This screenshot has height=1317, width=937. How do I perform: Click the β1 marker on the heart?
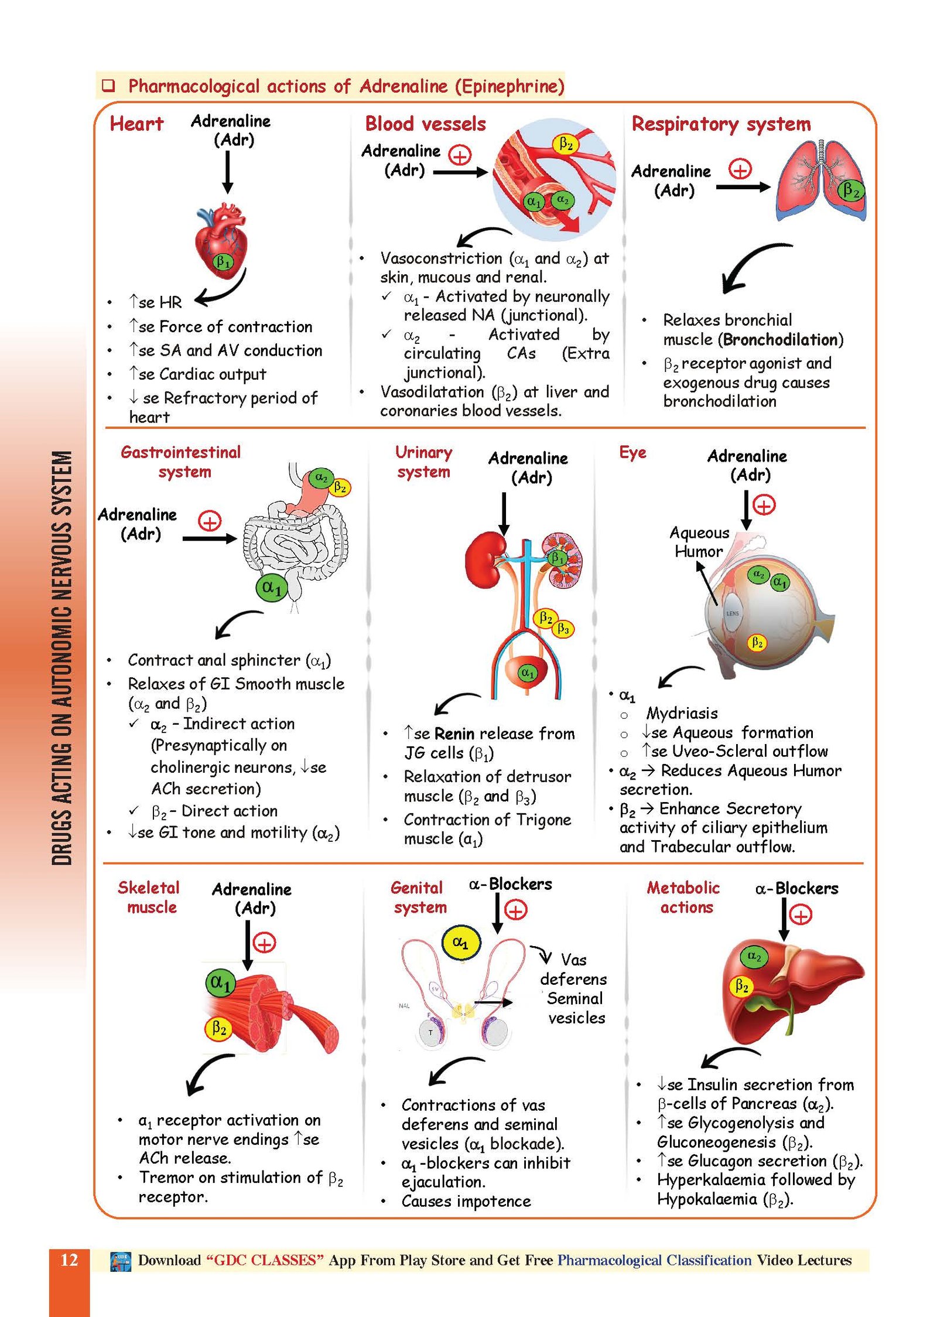click(223, 261)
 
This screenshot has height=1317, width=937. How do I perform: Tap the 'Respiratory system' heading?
click(720, 124)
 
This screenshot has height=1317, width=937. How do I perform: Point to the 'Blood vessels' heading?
click(425, 124)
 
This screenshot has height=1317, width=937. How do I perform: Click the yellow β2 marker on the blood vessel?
click(565, 144)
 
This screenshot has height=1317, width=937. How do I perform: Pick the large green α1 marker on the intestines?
click(272, 588)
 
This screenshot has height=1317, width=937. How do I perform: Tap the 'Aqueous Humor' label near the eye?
click(699, 542)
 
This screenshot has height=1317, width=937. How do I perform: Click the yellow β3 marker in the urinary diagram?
click(563, 629)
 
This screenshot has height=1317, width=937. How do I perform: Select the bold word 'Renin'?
click(454, 734)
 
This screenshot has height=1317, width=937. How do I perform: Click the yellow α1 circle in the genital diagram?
click(460, 943)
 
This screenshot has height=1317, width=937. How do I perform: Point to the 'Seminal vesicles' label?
click(575, 1008)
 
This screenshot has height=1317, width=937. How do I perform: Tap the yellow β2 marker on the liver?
click(741, 986)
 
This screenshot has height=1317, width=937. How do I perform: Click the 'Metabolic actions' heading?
click(683, 897)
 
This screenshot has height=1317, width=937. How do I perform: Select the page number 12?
click(69, 1260)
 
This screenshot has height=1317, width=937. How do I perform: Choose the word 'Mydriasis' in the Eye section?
click(682, 714)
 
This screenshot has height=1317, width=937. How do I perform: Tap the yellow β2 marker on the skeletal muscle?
click(218, 1028)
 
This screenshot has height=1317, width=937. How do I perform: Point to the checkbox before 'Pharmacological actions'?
click(108, 86)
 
